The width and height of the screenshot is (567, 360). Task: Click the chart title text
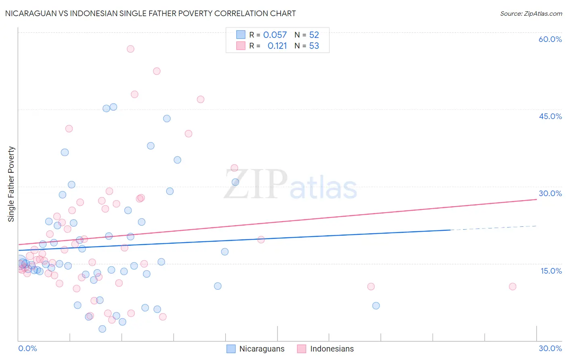point(150,13)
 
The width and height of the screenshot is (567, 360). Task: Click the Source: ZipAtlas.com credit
point(531,13)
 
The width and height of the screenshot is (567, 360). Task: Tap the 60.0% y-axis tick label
point(550,39)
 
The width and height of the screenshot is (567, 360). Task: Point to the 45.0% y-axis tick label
point(550,116)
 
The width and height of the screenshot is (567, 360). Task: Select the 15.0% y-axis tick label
point(551,271)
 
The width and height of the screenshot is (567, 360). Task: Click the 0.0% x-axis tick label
point(27,348)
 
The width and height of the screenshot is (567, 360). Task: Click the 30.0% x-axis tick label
point(550,348)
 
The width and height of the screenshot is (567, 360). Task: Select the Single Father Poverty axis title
point(11,184)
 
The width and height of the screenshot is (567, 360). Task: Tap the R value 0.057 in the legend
point(275,35)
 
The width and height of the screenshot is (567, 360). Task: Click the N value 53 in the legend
point(314,46)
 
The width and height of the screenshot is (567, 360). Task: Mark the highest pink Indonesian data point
point(130,49)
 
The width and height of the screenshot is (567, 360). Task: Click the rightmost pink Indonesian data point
point(513,287)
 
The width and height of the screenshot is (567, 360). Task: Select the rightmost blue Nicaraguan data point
point(376,306)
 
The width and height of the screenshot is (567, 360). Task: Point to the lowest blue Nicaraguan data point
point(102,329)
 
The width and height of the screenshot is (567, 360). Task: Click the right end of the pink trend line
point(536,199)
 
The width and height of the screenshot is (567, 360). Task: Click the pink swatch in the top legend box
point(241,46)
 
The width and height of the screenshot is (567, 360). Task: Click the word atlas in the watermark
point(323,188)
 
